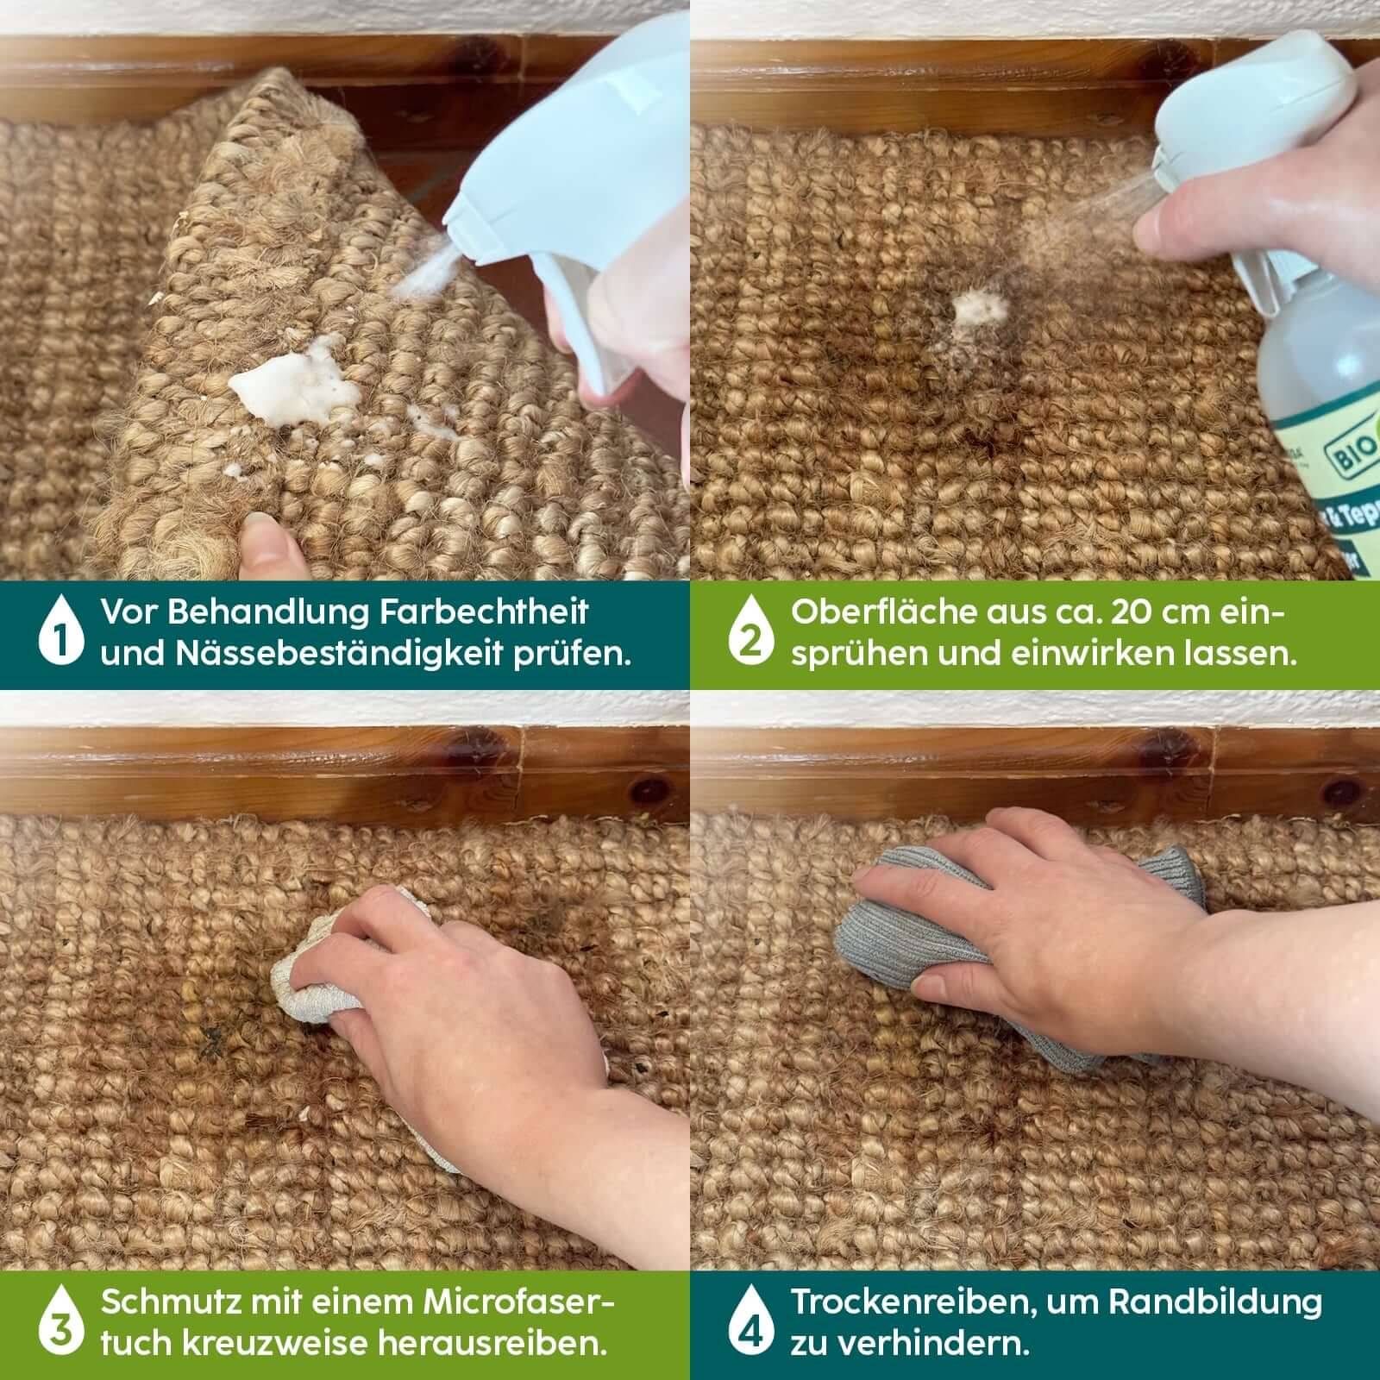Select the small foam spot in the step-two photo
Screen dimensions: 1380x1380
[x=979, y=306]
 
